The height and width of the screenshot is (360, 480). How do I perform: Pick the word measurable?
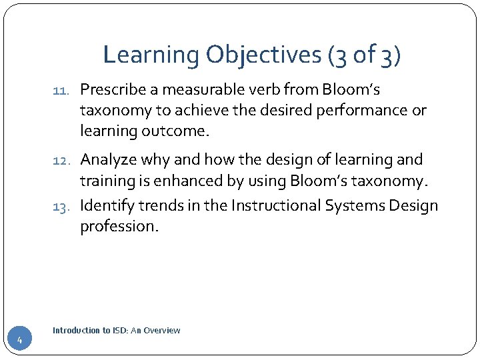pos(198,90)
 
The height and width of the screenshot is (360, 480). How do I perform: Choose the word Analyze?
pos(108,159)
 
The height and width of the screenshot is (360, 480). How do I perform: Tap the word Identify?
pos(106,205)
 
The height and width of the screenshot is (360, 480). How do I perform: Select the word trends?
pos(159,205)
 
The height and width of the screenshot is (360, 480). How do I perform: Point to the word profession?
pos(119,226)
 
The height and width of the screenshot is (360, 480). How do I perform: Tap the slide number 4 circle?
pos(20,341)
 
